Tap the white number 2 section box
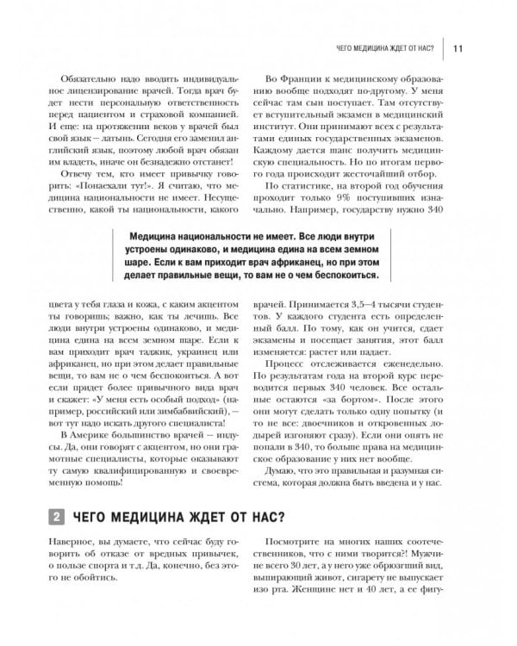[56, 517]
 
